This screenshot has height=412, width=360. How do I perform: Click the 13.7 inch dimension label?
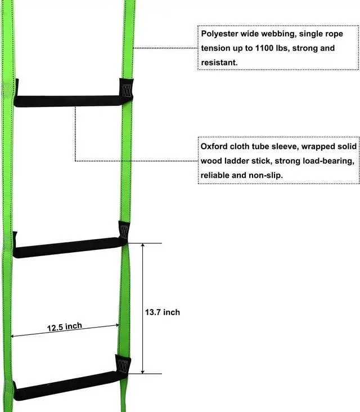163,312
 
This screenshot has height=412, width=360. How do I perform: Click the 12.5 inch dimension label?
64,326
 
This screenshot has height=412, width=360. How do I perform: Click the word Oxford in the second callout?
214,146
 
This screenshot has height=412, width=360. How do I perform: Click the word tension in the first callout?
214,48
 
